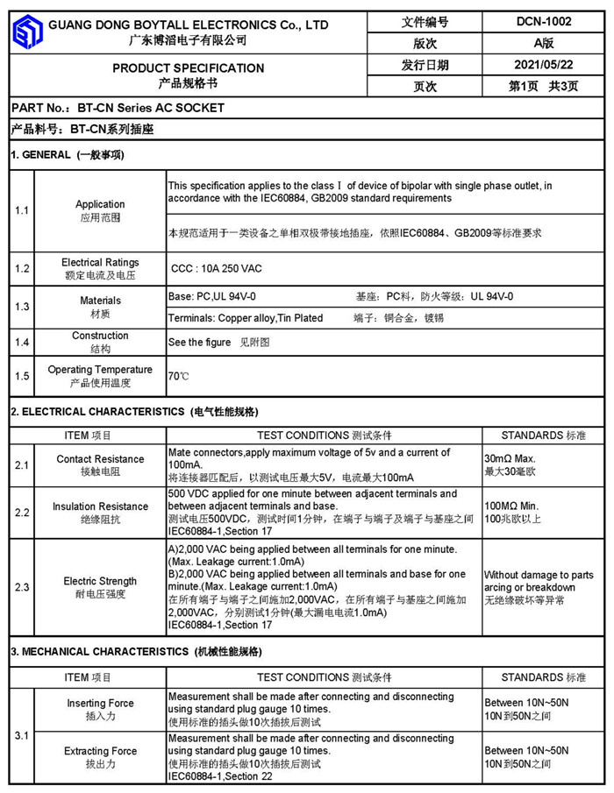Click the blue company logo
[x=26, y=32]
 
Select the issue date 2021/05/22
[x=543, y=65]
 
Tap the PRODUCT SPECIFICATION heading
[x=188, y=68]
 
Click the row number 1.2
[x=22, y=268]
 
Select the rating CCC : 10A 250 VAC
[x=216, y=268]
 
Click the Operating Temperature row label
[x=100, y=370]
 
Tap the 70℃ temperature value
[x=178, y=377]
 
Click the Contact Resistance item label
[x=100, y=459]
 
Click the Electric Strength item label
[x=100, y=581]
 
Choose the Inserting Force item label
[x=100, y=704]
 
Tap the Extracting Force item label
[x=100, y=751]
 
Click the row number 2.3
[x=22, y=587]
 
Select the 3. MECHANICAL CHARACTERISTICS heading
[x=136, y=652]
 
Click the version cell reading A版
[x=543, y=44]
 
